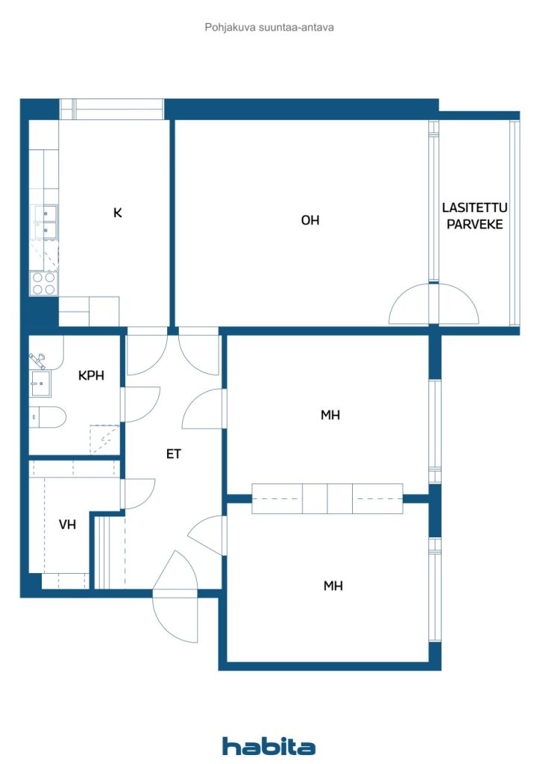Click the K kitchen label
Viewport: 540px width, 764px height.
coord(118,213)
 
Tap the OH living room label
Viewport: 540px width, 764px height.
coord(310,220)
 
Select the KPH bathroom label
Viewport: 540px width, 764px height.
coord(91,375)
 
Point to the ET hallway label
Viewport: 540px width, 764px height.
coord(173,454)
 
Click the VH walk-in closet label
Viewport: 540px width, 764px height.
coord(67,525)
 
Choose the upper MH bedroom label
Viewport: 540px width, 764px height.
coord(330,415)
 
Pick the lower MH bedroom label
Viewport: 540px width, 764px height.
coord(333,586)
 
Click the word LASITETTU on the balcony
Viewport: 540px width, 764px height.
coord(474,207)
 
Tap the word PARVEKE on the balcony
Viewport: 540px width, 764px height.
coord(475,225)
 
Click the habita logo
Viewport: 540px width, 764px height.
coord(269,746)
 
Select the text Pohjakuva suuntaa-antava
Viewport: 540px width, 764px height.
coord(269,28)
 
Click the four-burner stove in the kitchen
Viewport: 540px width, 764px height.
coord(44,284)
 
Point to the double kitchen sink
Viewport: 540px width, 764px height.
coord(44,222)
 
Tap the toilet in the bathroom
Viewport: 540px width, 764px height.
coord(47,416)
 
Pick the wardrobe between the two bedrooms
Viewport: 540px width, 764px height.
coord(327,498)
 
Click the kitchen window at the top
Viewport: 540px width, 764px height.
coord(112,109)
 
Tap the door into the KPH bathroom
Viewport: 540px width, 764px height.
coord(141,404)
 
